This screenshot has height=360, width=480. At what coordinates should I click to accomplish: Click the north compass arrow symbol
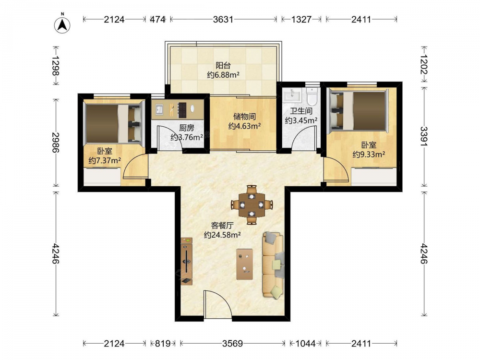coord(62,24)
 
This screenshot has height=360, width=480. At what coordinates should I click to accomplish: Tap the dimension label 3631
coord(223,19)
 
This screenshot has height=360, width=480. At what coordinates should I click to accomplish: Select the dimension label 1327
coord(301,19)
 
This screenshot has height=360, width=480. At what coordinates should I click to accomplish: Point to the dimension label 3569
coord(232,344)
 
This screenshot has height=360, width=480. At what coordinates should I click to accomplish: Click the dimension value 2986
coord(56,143)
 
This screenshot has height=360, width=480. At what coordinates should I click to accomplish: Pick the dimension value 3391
coord(424,136)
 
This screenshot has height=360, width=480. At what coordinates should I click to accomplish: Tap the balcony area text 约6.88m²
coord(223,75)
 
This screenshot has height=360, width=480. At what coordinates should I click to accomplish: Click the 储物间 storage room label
coord(244,116)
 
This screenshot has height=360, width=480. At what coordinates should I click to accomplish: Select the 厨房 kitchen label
coord(186,128)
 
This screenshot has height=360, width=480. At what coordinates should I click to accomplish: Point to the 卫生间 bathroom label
coord(301,111)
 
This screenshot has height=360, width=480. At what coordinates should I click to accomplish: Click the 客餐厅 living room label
coord(222,226)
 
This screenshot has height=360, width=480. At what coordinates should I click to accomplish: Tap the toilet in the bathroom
coord(312,95)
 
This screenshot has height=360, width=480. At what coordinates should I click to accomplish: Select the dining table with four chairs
coord(252,204)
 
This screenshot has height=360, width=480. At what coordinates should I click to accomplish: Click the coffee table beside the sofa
coord(245,264)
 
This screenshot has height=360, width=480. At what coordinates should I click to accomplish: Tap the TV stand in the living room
coord(186,261)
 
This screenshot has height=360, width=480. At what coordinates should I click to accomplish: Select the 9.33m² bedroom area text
coord(369,154)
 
